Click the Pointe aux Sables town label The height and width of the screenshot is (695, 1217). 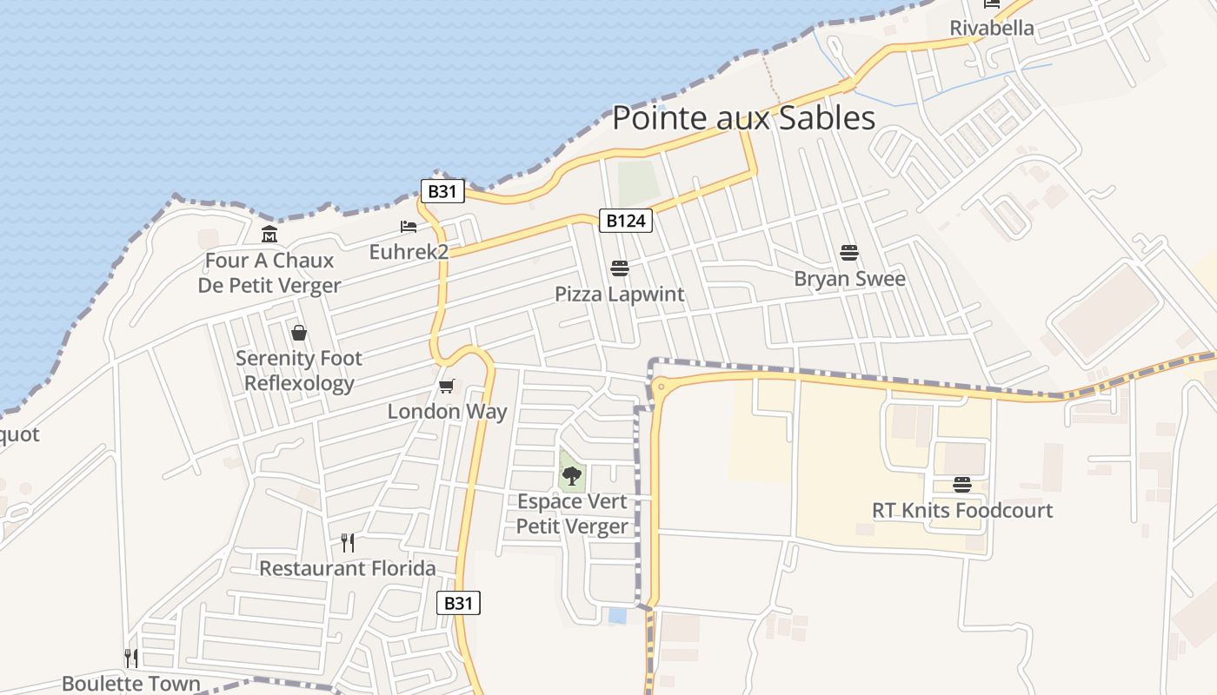[x=743, y=117]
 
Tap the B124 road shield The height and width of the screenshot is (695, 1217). [x=625, y=221]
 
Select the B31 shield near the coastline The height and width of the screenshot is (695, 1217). [x=442, y=191]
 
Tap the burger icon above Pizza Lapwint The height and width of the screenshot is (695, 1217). [x=620, y=268]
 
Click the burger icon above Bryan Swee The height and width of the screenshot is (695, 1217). [x=849, y=253]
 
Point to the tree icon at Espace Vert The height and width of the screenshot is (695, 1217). [x=572, y=475]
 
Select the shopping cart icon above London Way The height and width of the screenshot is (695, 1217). [x=446, y=386]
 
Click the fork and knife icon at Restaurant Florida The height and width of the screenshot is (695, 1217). [x=348, y=543]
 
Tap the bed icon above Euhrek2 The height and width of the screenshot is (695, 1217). [x=409, y=227]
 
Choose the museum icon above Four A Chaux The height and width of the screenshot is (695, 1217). [x=269, y=235]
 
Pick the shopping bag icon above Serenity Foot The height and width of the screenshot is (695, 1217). [x=299, y=333]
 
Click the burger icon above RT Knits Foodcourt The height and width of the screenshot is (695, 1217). [x=961, y=484]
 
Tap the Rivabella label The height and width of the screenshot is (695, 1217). [x=992, y=28]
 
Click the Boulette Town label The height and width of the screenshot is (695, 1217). [x=131, y=684]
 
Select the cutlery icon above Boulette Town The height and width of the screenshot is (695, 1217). [x=130, y=658]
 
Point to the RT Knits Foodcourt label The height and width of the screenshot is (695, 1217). [x=962, y=510]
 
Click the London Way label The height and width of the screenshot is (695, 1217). [x=447, y=411]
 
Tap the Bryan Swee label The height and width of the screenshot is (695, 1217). [x=849, y=279]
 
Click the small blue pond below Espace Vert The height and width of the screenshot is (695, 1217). [x=617, y=616]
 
